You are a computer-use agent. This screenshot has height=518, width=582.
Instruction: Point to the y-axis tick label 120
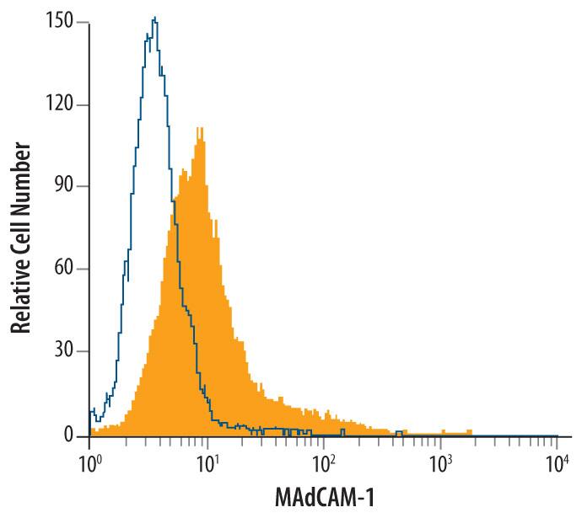[x=63, y=105]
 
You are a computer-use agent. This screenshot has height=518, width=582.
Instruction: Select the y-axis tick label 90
[x=67, y=187]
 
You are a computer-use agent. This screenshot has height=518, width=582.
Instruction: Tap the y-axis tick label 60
[x=67, y=270]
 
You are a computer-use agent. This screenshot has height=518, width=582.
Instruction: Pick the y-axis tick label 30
[x=67, y=353]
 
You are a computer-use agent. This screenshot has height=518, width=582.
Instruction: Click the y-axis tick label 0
[x=73, y=435]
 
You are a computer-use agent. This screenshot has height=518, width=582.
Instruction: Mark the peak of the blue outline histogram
[x=154, y=18]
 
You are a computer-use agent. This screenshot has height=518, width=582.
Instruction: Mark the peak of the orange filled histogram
[x=200, y=129]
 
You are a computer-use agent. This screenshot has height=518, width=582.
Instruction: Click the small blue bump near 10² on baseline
[x=342, y=431]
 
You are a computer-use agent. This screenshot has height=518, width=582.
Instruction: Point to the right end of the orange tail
[x=472, y=433]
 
